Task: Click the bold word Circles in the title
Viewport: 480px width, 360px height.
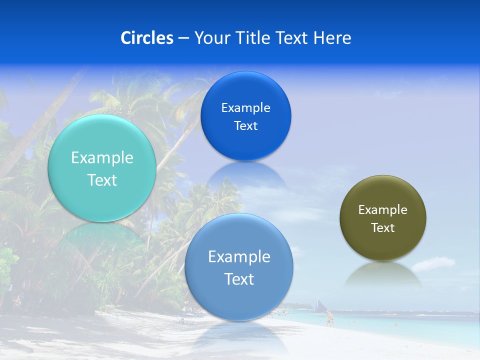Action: click(147, 38)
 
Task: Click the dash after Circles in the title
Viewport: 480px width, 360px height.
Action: click(183, 38)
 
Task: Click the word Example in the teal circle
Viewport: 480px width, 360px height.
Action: click(102, 158)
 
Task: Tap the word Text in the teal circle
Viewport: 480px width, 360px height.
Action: click(102, 180)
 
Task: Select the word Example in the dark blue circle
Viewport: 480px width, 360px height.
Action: click(245, 108)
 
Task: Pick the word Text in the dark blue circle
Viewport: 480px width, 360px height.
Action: click(245, 126)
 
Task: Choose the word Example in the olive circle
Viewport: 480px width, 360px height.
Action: click(382, 210)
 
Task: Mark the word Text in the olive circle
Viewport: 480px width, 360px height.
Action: click(383, 228)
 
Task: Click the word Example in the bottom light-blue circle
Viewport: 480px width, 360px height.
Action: click(239, 257)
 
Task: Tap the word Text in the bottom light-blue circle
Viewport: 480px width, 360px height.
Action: click(239, 279)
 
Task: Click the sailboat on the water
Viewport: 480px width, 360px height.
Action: click(318, 305)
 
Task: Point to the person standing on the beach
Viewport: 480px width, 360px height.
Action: click(329, 318)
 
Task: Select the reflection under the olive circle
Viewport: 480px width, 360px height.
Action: click(383, 274)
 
